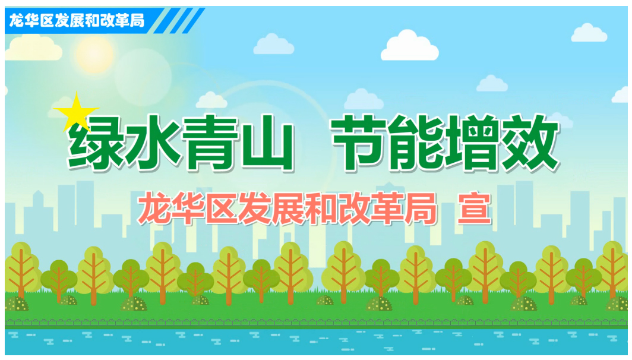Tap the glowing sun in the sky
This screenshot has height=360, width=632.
[x=95, y=54]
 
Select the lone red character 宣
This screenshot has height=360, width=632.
[x=475, y=209]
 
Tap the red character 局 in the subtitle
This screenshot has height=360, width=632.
[x=421, y=209]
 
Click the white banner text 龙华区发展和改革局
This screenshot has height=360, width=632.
[x=77, y=20]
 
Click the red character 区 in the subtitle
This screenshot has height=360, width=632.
[x=222, y=209]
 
